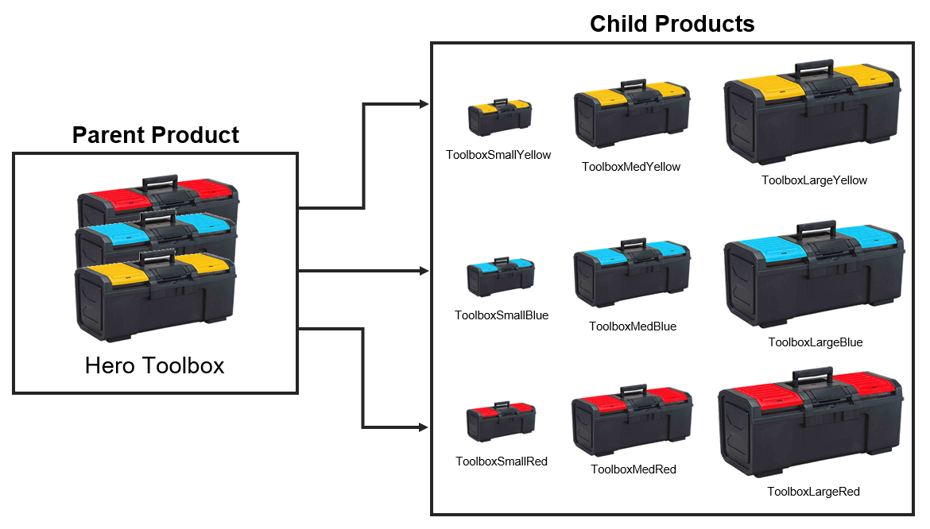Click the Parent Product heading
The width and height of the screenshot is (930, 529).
click(x=155, y=135)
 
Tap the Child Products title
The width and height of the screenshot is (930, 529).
click(x=672, y=24)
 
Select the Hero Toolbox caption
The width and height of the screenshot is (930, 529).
click(x=155, y=365)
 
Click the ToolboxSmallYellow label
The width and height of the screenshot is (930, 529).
click(x=498, y=155)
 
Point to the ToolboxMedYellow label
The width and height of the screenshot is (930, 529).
click(x=631, y=167)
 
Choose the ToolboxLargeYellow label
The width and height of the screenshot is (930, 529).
click(x=814, y=180)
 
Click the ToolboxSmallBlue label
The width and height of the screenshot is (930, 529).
click(x=502, y=315)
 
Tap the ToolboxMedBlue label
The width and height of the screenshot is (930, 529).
click(x=633, y=326)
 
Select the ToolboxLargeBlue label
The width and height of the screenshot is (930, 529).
click(x=815, y=342)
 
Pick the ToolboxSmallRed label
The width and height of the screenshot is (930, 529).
click(x=502, y=461)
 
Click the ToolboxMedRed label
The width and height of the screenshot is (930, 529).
click(x=634, y=469)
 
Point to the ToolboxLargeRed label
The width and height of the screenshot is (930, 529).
click(x=813, y=492)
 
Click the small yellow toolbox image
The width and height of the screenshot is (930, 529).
click(x=500, y=117)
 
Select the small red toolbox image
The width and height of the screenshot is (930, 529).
click(x=501, y=421)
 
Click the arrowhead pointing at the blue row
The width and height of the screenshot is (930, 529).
click(x=424, y=271)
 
